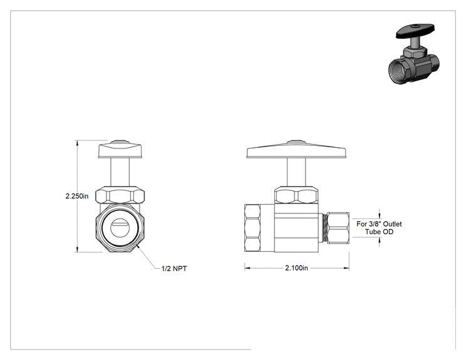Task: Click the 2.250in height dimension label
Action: [x=77, y=196]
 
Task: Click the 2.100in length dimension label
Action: [x=297, y=268]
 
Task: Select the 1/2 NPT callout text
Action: [x=174, y=269]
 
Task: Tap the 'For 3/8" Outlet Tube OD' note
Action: [x=379, y=228]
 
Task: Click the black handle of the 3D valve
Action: [x=415, y=31]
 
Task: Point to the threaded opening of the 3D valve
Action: [x=399, y=71]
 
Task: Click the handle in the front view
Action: [x=120, y=150]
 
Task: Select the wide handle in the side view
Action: [x=297, y=150]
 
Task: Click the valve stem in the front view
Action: [x=120, y=172]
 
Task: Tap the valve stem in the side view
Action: [x=296, y=172]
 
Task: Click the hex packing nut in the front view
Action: [x=120, y=195]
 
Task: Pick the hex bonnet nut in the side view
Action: [x=296, y=195]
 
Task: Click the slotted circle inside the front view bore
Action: [x=120, y=227]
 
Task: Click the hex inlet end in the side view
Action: [x=252, y=228]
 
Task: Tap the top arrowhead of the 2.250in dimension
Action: [x=78, y=143]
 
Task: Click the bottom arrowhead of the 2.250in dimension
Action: [x=78, y=250]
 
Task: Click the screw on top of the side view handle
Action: [x=296, y=141]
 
